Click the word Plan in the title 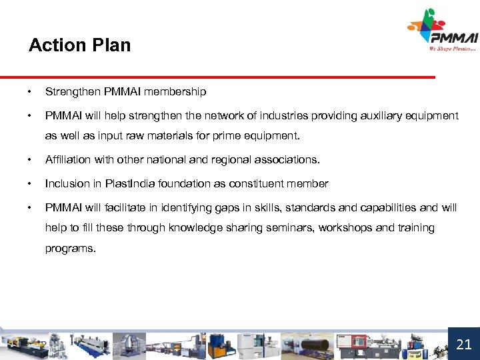[x=113, y=45]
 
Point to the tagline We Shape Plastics [x=452, y=48]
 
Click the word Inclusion [x=65, y=183]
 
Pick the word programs [x=69, y=249]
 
